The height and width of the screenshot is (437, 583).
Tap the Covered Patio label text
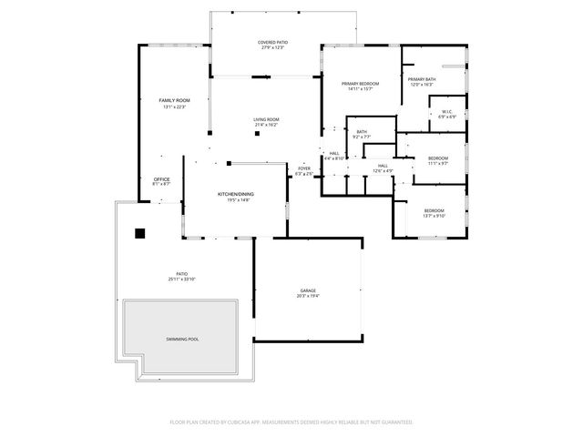271,42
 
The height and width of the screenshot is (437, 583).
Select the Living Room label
266,119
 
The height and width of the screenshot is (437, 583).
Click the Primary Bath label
423,79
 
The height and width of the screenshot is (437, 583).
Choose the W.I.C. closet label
447,112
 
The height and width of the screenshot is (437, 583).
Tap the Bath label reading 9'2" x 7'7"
362,133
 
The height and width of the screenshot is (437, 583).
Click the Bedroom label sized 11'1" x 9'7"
438,158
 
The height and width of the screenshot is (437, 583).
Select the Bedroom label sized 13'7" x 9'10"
433,211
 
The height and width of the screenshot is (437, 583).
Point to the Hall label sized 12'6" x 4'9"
383,166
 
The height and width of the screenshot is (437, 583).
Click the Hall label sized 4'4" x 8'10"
334,153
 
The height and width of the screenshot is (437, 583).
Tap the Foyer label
304,168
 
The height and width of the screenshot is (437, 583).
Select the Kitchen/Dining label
234,195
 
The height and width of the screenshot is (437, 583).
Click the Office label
161,179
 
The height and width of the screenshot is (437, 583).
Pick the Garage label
308,291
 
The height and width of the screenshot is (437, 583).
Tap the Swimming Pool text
182,339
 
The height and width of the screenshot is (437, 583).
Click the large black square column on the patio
140,233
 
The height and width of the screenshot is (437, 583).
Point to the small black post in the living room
258,134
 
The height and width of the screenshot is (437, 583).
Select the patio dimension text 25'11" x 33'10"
182,279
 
